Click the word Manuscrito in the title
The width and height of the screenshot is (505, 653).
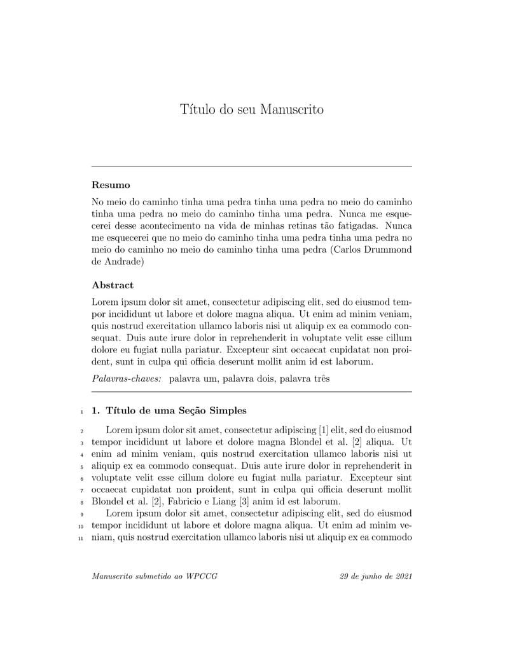click(x=292, y=110)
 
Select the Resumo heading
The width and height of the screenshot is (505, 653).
click(x=111, y=185)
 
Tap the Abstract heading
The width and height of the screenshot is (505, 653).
click(x=113, y=285)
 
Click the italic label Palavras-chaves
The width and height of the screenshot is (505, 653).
click(x=127, y=379)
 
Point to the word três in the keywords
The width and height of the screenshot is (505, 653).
click(x=319, y=379)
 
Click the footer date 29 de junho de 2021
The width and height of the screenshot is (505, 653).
click(x=376, y=577)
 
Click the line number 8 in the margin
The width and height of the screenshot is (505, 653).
click(x=82, y=502)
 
